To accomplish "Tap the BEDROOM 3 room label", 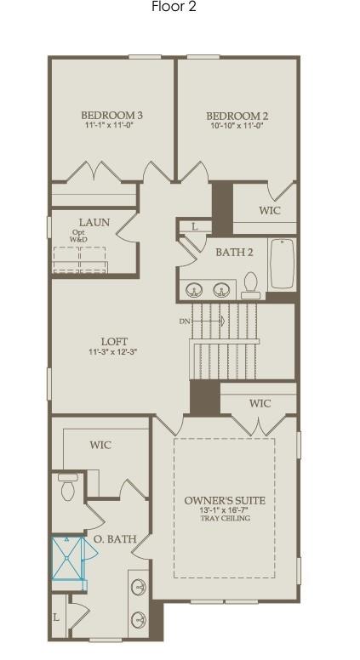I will click(111, 116).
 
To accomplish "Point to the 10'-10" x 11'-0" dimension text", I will click(237, 126).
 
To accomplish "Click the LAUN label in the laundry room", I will click(94, 223).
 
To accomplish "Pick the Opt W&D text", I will click(78, 236).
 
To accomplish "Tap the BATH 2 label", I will click(234, 252).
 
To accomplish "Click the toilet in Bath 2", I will click(250, 285).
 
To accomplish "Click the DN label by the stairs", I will click(185, 321).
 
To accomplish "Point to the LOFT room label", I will click(114, 342).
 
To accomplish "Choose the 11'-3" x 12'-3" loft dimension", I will click(114, 352).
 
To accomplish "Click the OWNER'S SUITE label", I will click(225, 500).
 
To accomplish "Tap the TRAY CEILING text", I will click(225, 518).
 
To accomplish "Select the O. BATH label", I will click(115, 539).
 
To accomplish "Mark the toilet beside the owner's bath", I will click(68, 488).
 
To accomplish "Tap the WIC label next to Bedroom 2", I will click(270, 210).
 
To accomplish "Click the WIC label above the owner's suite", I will click(260, 403).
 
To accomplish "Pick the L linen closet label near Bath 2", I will click(194, 226).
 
